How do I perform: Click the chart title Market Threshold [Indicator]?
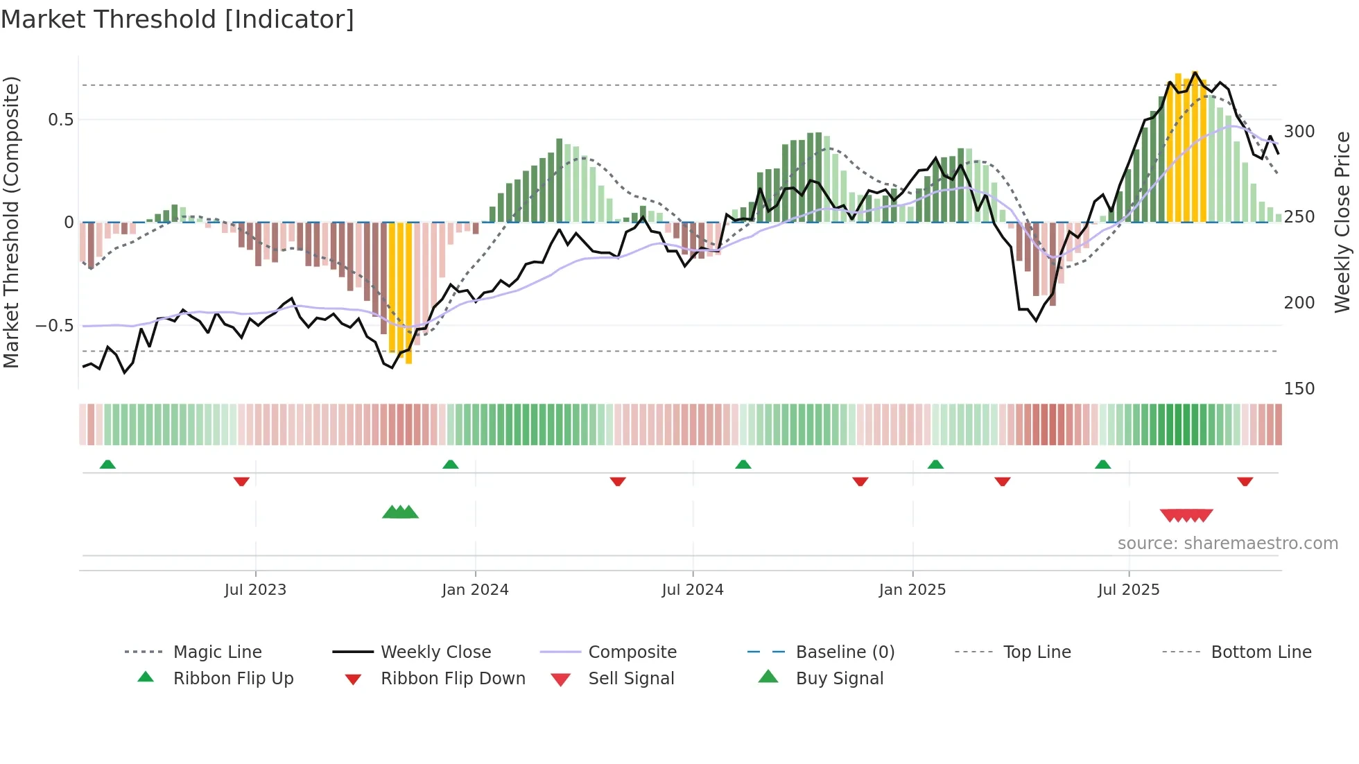pos(178,19)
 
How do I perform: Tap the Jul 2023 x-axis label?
pos(255,590)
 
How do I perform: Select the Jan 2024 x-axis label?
pos(475,590)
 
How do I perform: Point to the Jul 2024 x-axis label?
pos(693,590)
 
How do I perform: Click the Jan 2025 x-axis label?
pos(912,590)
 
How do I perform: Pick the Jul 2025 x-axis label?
pos(1128,590)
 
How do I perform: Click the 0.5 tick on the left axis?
pos(61,120)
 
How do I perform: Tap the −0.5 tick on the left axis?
pos(55,326)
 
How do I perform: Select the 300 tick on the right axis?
pos(1299,132)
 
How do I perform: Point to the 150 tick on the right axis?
pos(1299,389)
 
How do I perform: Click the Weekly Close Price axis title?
pos(1342,222)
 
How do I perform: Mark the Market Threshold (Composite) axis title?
pos(12,222)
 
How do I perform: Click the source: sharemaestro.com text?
pos(1227,544)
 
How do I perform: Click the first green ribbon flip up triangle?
pos(107,465)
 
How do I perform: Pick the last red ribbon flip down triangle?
pos(1245,481)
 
